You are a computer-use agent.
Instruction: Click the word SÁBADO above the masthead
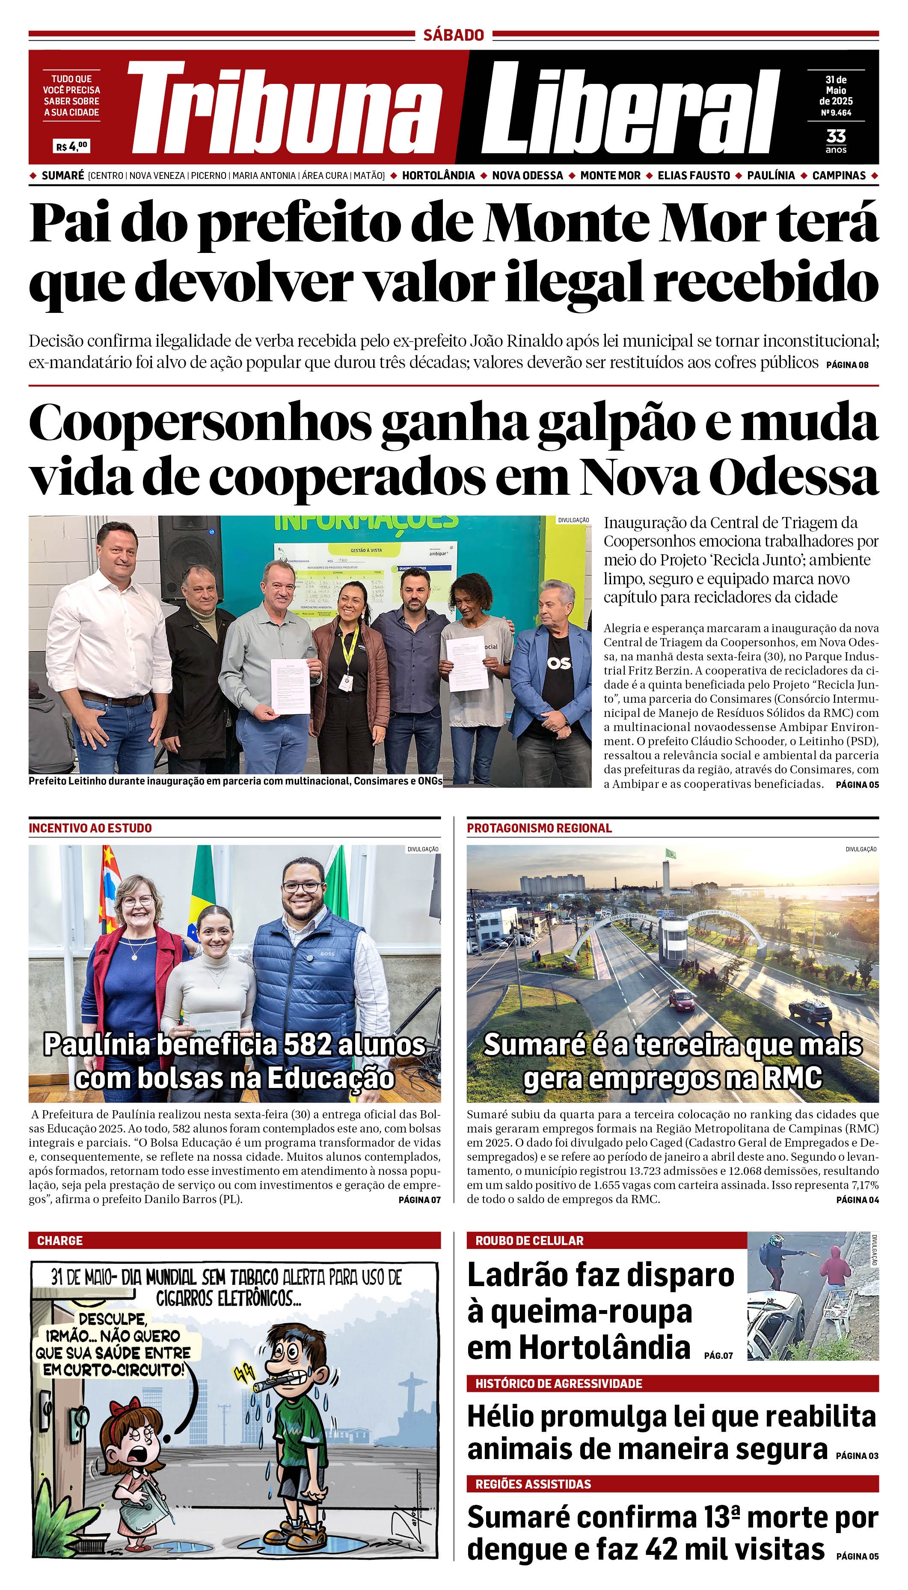point(454,35)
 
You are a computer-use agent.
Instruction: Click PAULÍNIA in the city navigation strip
point(770,175)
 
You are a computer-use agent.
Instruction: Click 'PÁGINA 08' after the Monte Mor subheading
point(847,365)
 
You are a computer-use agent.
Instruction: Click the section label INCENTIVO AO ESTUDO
point(90,828)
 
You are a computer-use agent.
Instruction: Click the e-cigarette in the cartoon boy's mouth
point(265,1383)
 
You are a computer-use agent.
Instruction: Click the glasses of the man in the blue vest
point(303,887)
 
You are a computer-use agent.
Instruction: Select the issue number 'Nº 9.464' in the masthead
point(836,113)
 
